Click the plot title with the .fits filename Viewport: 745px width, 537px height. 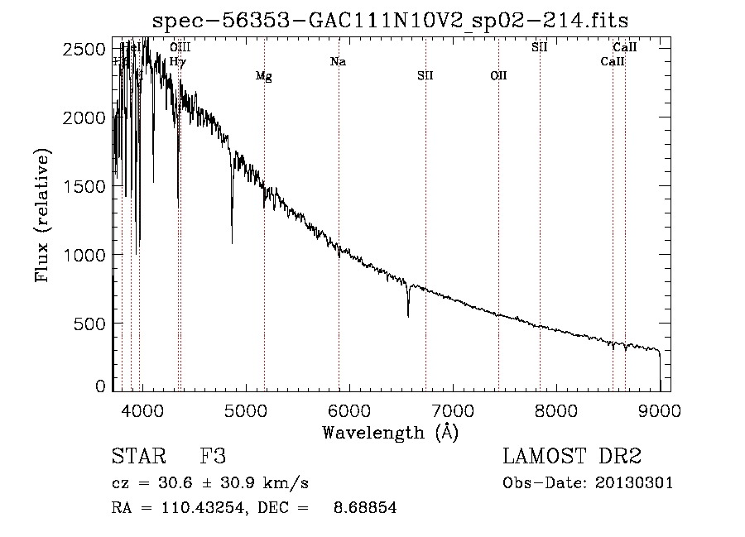(x=392, y=20)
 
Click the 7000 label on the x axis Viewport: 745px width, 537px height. (x=452, y=410)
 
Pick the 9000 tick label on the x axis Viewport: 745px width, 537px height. (x=660, y=410)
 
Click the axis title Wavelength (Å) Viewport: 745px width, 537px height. (x=390, y=431)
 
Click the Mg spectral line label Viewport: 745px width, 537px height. (x=263, y=76)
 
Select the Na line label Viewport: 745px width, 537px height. (x=338, y=61)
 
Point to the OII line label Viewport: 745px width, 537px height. (x=498, y=76)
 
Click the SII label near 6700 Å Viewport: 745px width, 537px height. (x=425, y=76)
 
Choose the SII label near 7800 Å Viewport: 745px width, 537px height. (x=540, y=47)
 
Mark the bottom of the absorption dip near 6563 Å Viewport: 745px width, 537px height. (x=408, y=315)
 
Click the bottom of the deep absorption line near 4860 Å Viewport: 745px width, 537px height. (x=232, y=242)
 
